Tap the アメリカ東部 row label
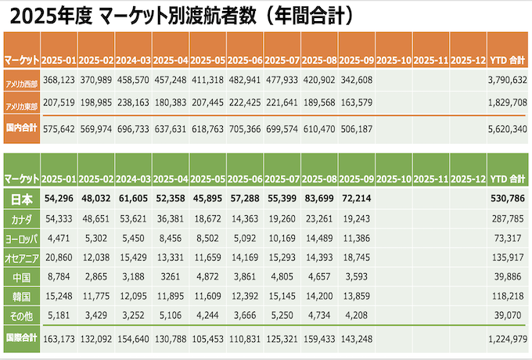[x=22, y=105]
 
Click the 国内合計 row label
[x=22, y=129]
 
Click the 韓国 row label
[x=22, y=297]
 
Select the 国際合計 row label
[x=22, y=340]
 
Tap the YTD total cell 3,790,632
[x=506, y=81]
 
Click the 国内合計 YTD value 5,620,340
[x=506, y=129]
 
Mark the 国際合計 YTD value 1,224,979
[x=506, y=340]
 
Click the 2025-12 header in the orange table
[x=469, y=59]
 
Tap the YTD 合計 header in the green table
[x=506, y=179]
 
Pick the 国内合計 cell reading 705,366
[x=246, y=129]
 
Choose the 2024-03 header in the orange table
[x=134, y=59]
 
